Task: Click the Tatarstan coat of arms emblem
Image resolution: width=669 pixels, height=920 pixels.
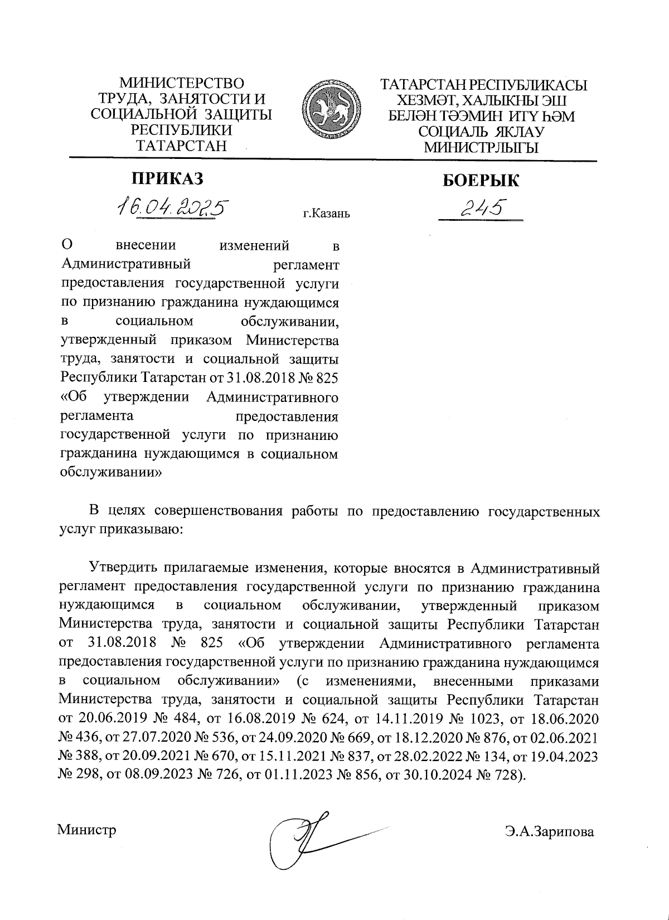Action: [331, 109]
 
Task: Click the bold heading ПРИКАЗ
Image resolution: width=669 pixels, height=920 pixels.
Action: [167, 178]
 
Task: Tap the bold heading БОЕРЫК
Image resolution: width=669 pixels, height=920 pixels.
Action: [481, 180]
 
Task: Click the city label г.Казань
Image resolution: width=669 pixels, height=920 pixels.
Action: [326, 213]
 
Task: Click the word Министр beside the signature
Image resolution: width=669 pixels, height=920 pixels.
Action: [86, 830]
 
